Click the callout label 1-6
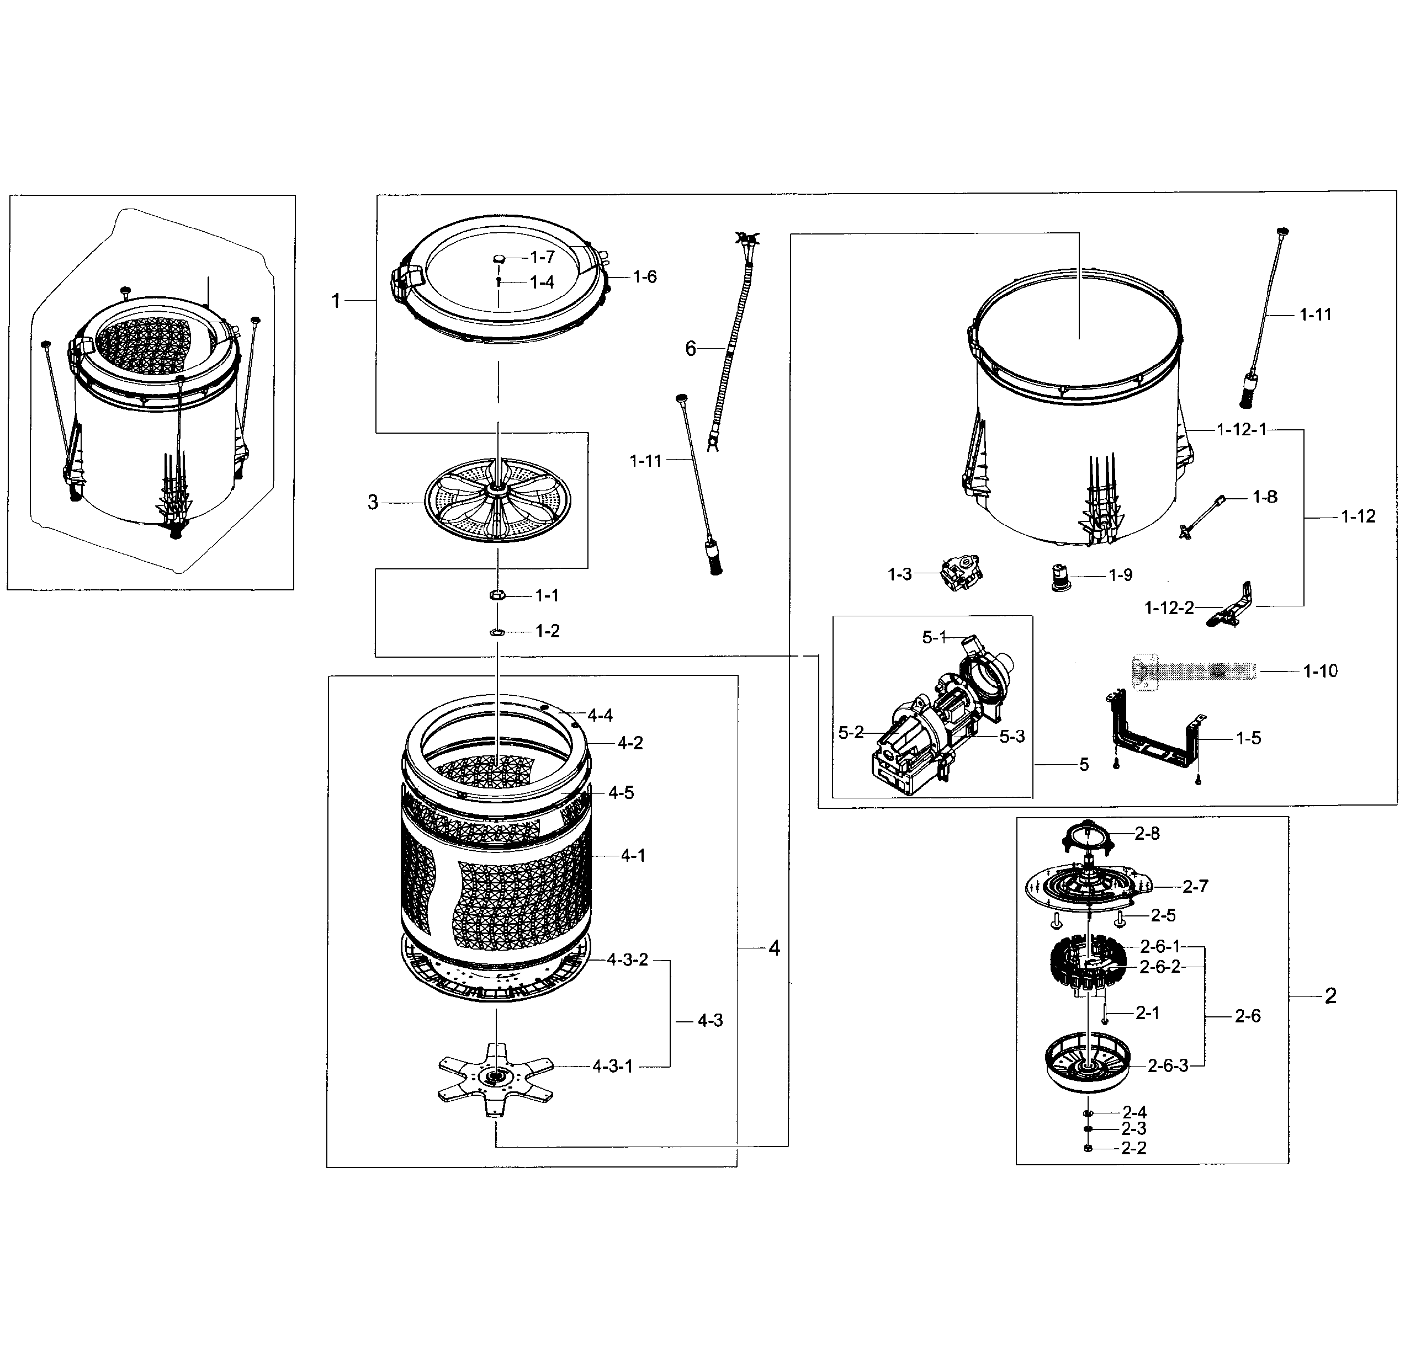644,277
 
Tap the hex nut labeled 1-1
496,594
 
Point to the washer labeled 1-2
496,631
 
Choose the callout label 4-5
621,792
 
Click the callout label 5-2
851,733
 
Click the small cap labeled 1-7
499,258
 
